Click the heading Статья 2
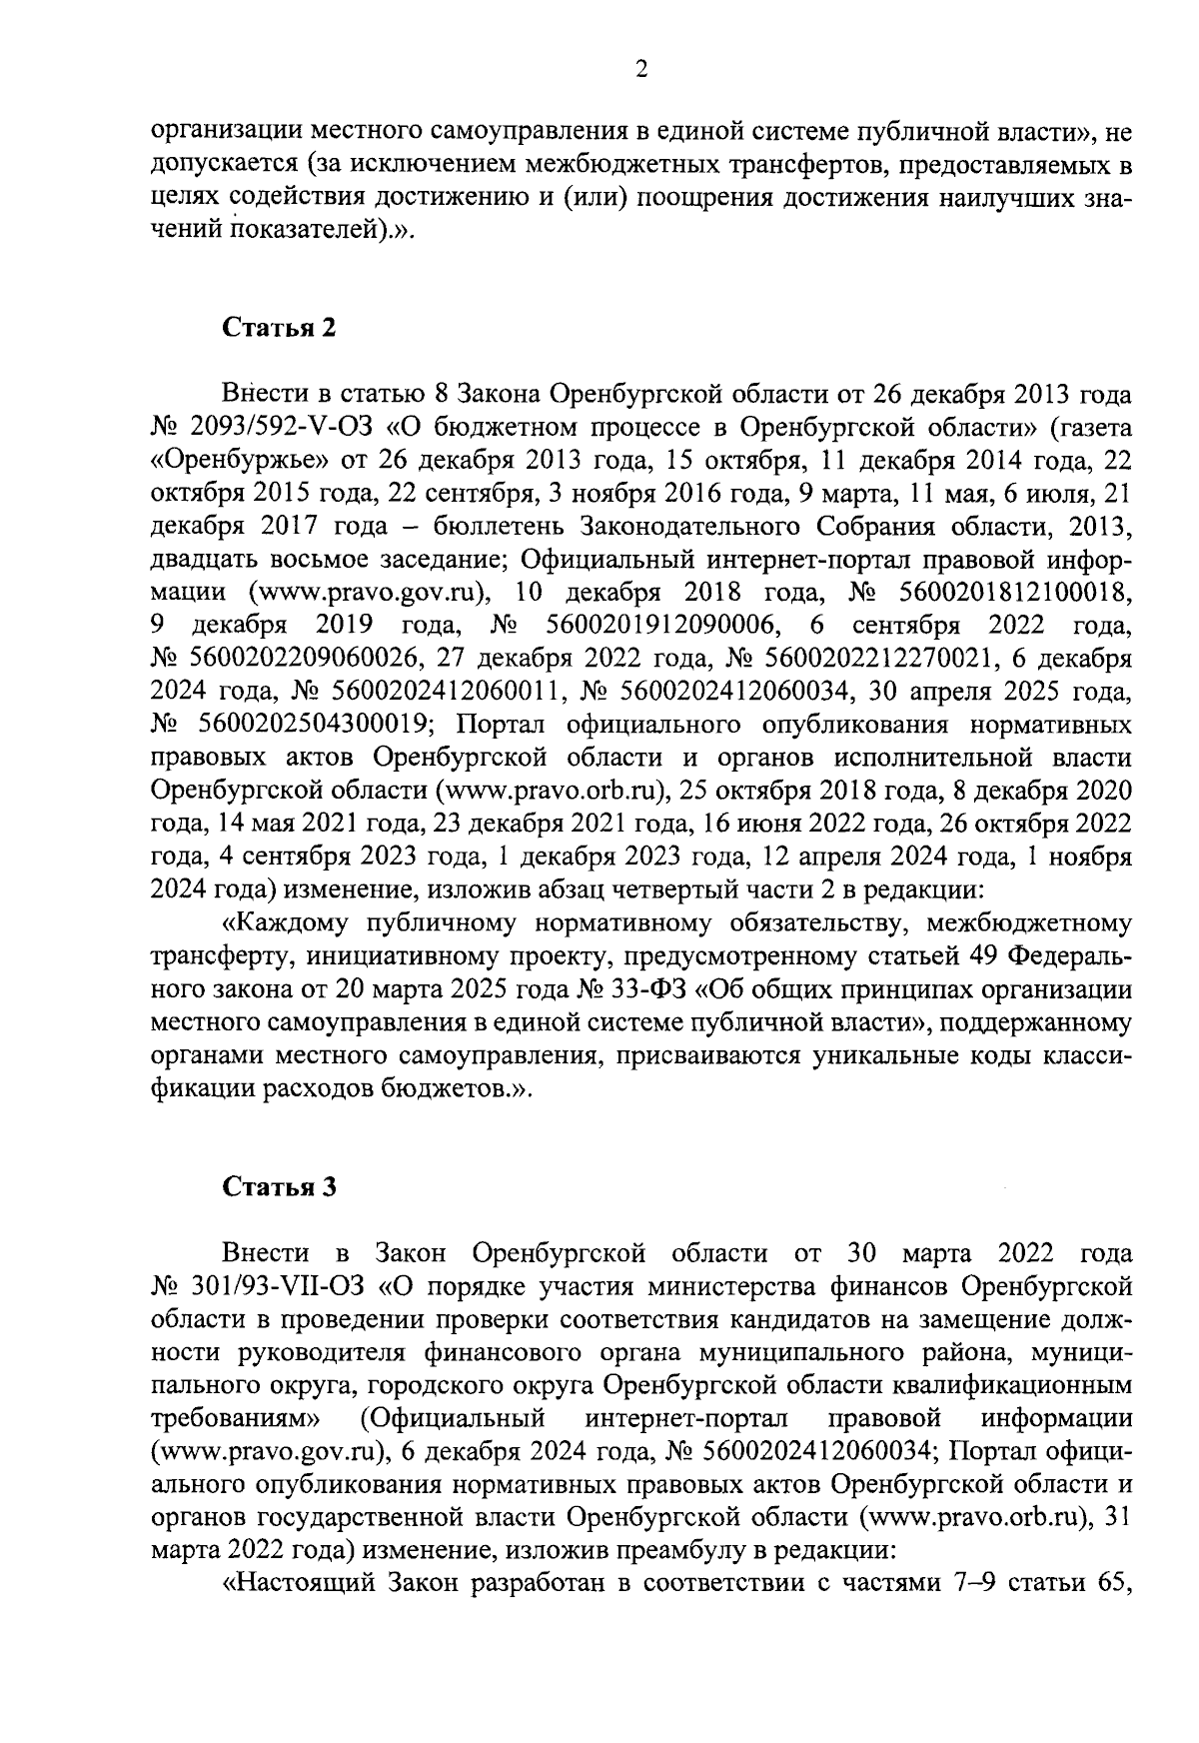(x=279, y=329)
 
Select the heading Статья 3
(x=279, y=1186)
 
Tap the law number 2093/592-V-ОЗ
(x=279, y=428)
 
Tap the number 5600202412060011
(x=455, y=692)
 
